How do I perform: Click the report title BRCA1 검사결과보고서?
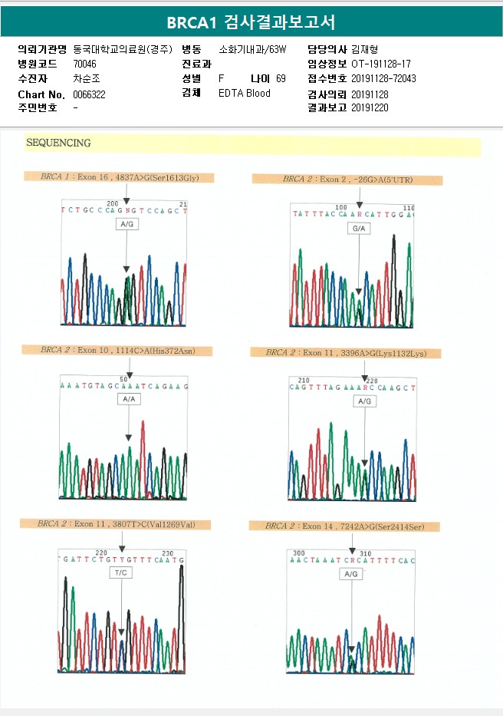251,22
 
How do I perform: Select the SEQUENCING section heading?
58,144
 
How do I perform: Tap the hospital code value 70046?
85,64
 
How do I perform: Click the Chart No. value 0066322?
90,94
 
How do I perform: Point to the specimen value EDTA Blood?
245,94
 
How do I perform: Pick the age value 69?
281,79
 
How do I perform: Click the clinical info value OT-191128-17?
380,64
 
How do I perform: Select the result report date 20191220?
370,108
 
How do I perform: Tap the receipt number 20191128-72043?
383,79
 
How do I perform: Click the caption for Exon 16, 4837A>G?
119,177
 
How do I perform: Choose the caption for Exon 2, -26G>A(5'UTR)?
347,180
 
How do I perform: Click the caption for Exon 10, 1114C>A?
117,350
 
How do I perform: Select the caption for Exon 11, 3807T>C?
115,524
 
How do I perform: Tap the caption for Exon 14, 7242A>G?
347,526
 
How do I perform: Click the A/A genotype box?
129,400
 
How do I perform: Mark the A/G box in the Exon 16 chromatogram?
127,224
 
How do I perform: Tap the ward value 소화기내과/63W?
252,49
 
